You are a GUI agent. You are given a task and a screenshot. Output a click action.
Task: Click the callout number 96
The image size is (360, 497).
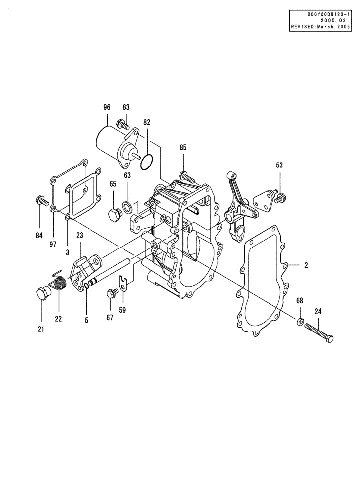tap(106, 107)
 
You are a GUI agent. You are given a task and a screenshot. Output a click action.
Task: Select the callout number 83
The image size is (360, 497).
tap(126, 107)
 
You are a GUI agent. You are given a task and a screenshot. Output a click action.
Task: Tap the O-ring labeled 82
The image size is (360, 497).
tap(146, 162)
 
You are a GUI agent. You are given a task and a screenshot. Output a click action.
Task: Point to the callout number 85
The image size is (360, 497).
tap(183, 147)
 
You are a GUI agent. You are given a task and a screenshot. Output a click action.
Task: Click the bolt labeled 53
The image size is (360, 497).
tap(281, 197)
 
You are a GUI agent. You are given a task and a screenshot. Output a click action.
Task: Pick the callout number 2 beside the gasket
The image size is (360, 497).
tap(306, 265)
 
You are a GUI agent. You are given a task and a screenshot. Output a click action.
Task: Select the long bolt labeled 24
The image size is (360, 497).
tap(318, 332)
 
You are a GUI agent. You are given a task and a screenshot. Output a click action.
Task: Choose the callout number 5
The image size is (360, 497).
tap(86, 320)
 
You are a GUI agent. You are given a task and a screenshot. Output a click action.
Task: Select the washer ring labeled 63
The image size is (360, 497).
tap(127, 206)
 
